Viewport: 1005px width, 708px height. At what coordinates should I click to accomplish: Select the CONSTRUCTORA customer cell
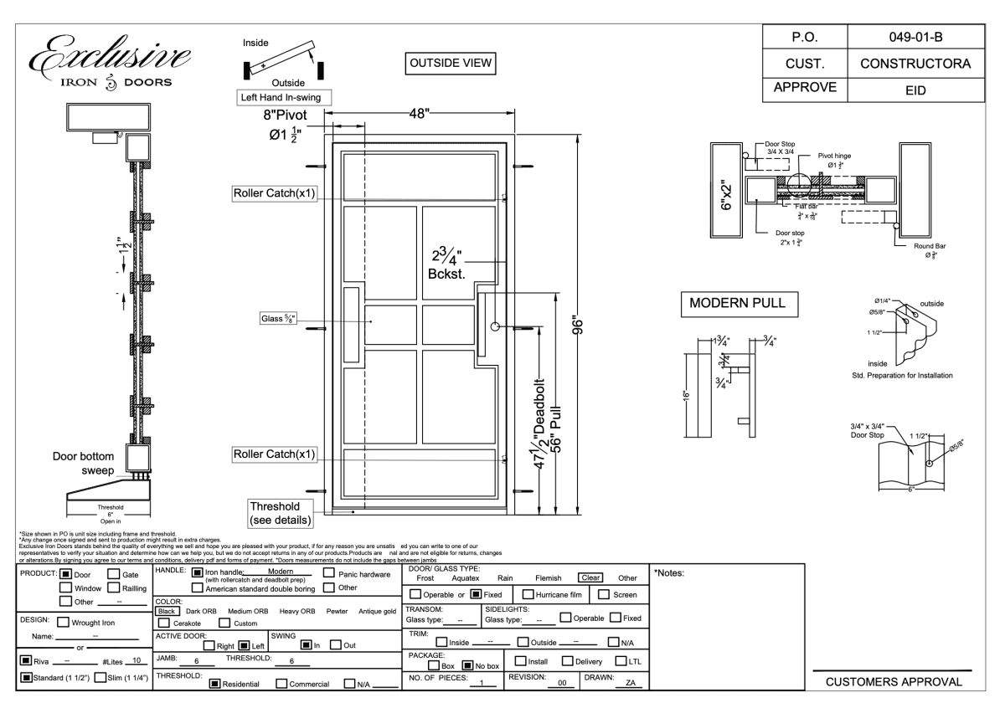click(909, 64)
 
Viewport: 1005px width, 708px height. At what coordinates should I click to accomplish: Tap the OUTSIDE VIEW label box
click(450, 64)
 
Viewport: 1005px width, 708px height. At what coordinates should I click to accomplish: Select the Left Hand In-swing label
click(282, 96)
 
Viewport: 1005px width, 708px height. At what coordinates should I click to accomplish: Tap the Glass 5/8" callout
click(279, 318)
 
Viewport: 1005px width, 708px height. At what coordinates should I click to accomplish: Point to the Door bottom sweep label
click(83, 464)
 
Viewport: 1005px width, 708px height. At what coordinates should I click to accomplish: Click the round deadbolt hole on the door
click(496, 326)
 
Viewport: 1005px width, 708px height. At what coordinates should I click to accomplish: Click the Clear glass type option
click(585, 577)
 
